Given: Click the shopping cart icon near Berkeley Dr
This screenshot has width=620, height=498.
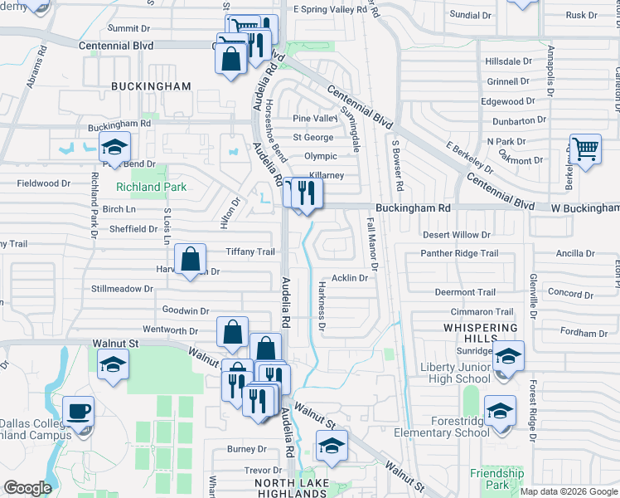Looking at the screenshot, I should click(586, 150).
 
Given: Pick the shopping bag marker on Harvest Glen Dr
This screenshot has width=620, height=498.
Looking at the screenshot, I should click(191, 260).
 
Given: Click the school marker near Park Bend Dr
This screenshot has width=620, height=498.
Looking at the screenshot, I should click(114, 150).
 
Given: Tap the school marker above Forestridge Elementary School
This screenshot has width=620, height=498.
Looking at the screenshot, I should click(500, 412).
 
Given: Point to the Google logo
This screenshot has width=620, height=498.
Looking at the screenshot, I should click(27, 488).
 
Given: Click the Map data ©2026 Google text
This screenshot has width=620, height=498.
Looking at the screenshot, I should click(569, 491).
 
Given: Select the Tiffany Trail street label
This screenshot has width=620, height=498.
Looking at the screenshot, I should click(249, 252).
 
